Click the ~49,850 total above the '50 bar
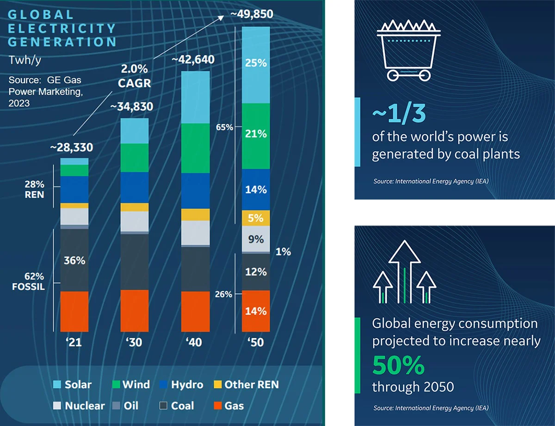point(252,14)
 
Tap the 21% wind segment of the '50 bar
point(256,134)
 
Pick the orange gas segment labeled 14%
point(256,311)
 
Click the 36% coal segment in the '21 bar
point(74,260)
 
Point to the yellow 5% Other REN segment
point(256,218)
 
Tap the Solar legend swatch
point(57,384)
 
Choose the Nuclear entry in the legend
point(79,406)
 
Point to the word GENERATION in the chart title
point(62,42)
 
